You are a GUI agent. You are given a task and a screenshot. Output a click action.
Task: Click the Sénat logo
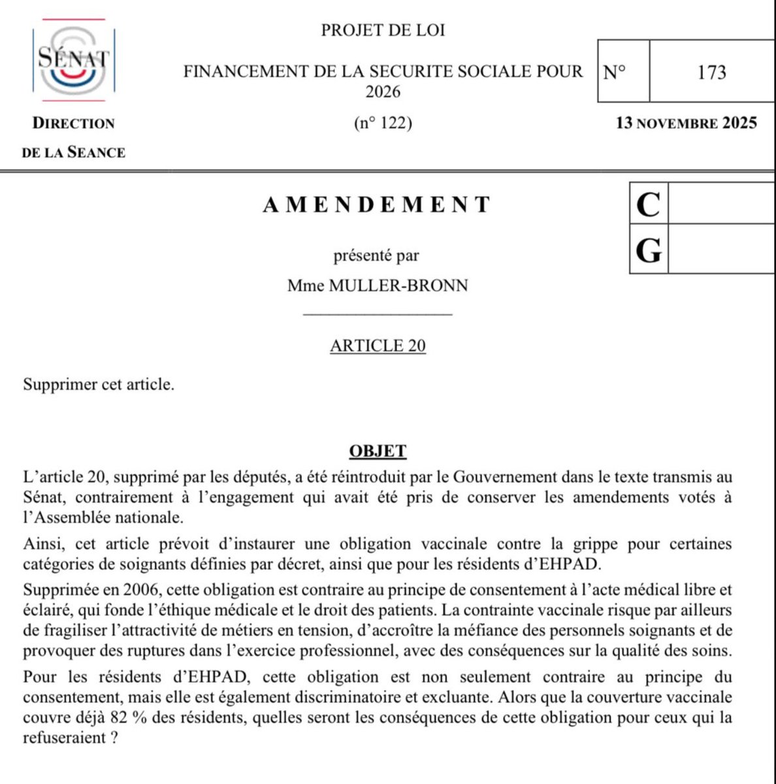[73, 60]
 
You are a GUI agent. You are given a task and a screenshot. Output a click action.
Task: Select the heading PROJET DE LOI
[383, 30]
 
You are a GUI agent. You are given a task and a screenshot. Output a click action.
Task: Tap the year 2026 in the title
[383, 91]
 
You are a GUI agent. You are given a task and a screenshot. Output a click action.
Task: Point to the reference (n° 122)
[383, 123]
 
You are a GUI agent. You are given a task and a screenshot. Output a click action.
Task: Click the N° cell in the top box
[614, 71]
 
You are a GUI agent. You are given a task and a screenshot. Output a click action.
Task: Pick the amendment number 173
[711, 71]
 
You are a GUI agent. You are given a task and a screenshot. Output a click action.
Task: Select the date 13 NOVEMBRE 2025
[687, 123]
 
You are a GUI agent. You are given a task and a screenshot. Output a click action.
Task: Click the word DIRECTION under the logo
[74, 123]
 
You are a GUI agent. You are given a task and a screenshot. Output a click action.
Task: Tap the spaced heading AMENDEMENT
[377, 204]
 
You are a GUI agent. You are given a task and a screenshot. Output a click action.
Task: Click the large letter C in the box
[648, 205]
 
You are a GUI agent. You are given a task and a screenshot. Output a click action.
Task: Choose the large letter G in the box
[648, 251]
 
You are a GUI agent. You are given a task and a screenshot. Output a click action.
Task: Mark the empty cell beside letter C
[722, 205]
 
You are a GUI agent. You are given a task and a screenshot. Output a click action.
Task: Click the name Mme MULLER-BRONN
[378, 286]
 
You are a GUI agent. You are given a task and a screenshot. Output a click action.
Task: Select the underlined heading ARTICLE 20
[378, 345]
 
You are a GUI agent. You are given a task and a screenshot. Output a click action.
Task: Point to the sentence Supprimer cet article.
[99, 384]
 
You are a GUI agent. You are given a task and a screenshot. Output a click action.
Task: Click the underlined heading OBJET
[378, 451]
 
